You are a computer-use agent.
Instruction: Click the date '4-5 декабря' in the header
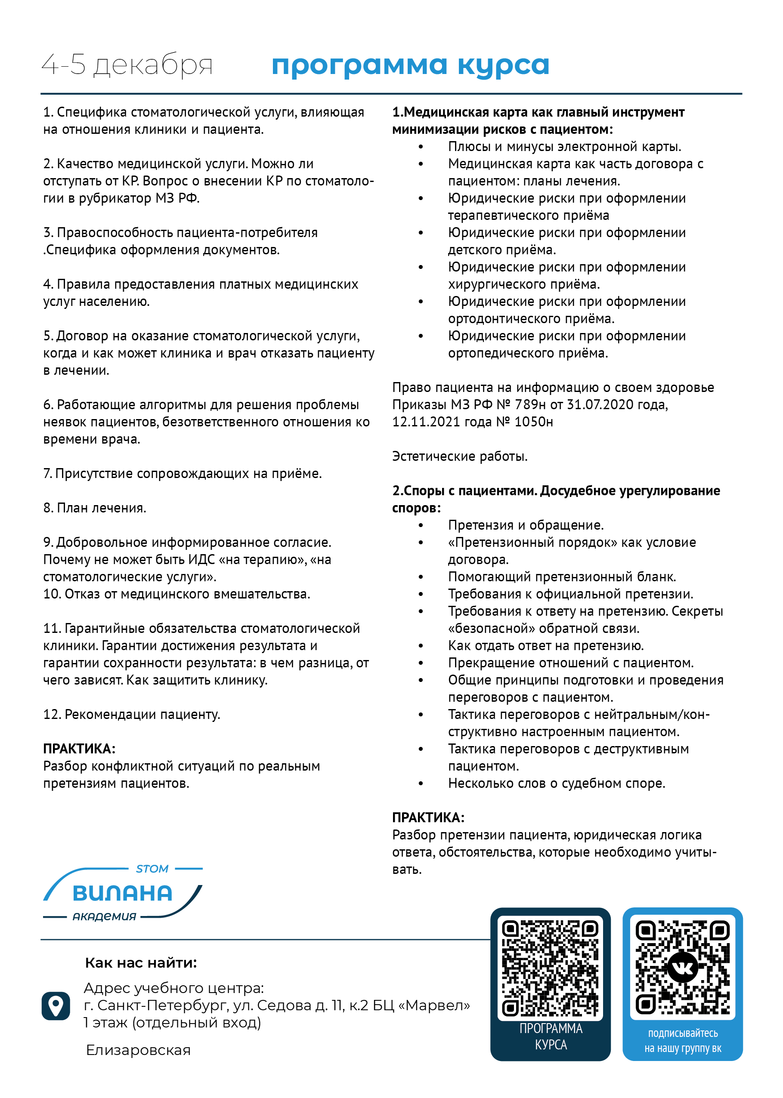(127, 65)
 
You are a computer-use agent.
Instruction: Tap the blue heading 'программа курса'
(410, 65)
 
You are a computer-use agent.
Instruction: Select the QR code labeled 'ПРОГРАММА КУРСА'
(550, 968)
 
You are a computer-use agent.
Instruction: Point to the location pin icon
(56, 1005)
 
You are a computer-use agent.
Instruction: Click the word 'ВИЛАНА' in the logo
(122, 893)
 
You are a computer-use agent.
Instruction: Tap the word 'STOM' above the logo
(152, 869)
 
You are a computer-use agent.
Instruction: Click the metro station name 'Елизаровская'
(138, 1050)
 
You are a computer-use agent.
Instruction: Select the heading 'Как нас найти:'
(141, 962)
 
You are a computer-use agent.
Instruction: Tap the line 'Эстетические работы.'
(459, 456)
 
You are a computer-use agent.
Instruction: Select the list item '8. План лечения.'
(95, 508)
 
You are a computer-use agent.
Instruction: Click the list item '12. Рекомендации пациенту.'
(132, 715)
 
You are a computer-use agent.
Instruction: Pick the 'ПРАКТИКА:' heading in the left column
(79, 749)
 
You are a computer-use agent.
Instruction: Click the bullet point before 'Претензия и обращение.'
(421, 526)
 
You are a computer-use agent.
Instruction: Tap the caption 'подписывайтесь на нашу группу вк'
(683, 1041)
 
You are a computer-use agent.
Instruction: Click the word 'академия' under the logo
(104, 916)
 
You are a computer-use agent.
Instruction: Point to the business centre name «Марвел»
(437, 1005)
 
